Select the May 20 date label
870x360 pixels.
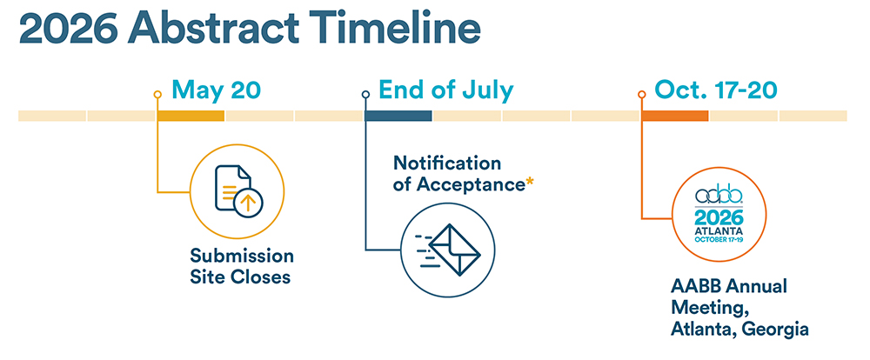[x=216, y=90]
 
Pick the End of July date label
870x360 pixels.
[x=445, y=90]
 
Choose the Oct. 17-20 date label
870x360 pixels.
[x=716, y=90]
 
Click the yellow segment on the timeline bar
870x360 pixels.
[x=191, y=116]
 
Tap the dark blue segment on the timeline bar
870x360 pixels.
[x=398, y=116]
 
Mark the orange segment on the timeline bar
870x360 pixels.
[x=674, y=116]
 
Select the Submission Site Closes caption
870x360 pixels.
[x=241, y=267]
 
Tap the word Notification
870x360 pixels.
[x=447, y=163]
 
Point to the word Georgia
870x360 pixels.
[x=773, y=329]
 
